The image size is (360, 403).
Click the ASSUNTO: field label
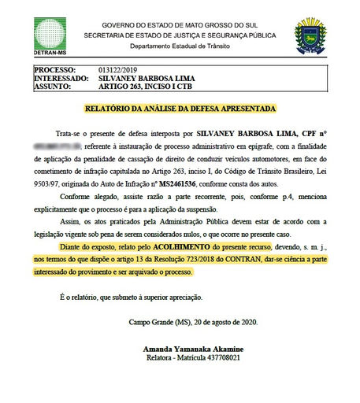point(54,87)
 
